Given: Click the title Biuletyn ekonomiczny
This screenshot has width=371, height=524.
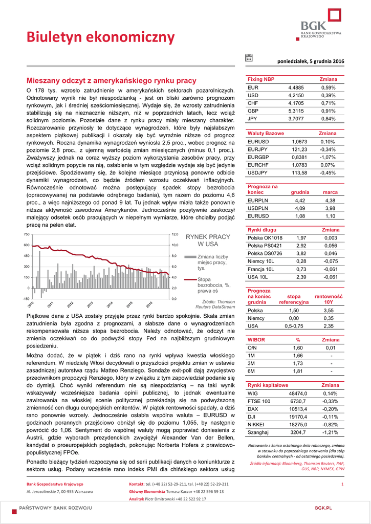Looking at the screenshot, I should coord(94,37).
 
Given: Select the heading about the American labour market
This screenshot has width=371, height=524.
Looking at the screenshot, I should coord(111,81).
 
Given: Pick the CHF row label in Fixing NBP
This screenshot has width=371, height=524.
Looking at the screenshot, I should coord(253,103).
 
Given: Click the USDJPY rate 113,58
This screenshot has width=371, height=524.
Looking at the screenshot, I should coord(299,172).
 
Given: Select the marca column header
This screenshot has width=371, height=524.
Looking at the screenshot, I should coord(330,192).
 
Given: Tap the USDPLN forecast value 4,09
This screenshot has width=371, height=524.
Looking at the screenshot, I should coord(300,208).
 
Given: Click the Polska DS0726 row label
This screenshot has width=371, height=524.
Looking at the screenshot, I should coord(265,253).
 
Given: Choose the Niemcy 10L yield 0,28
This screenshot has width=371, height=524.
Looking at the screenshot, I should coord(301,261).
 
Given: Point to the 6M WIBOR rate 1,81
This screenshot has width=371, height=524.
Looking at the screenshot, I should coord(298,371).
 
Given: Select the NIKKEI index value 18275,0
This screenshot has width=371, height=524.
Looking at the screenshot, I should coord(298,425).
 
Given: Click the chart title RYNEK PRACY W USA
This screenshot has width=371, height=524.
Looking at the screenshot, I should coord(208,241).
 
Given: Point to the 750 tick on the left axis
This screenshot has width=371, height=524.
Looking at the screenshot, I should coord(27,234).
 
